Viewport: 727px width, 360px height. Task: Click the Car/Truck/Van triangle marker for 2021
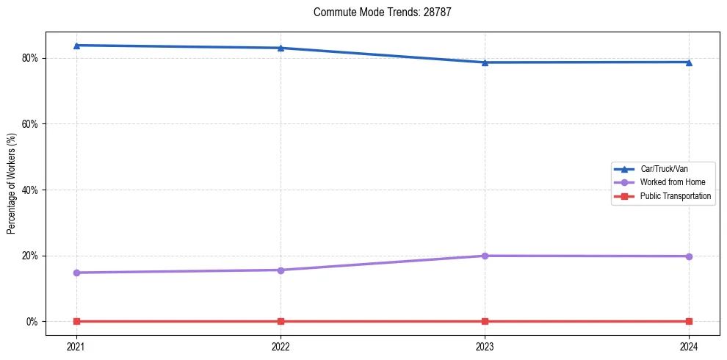(76, 46)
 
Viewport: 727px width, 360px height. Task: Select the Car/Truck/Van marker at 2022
(281, 48)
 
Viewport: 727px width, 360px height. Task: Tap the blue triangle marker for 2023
(485, 62)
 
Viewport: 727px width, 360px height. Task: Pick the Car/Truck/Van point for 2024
(689, 62)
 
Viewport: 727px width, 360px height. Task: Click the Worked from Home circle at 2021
(76, 273)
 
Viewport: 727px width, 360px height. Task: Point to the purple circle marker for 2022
(281, 270)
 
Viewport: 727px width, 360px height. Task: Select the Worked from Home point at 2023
(485, 256)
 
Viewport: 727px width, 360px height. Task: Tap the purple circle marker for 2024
(689, 256)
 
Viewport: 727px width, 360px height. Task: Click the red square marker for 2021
(76, 321)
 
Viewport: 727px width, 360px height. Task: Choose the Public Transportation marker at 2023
(485, 321)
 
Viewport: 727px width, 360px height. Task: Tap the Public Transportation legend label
(675, 196)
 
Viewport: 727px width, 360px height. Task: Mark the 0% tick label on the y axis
(32, 322)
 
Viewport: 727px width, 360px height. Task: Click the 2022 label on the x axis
(281, 346)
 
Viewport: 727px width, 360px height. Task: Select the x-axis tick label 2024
(689, 346)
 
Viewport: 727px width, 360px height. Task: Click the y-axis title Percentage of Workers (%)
(11, 182)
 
